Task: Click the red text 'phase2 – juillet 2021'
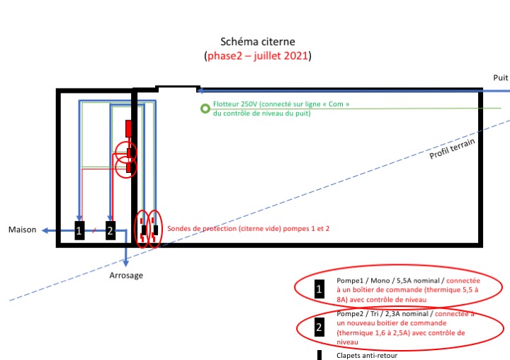(257, 55)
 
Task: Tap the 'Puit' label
(500, 77)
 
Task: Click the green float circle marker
(205, 108)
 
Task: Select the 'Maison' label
(22, 230)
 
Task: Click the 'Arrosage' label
(126, 275)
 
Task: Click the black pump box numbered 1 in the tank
(79, 230)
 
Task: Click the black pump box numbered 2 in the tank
(110, 230)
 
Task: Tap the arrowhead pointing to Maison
(44, 230)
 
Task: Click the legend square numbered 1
(319, 289)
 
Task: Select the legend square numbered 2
(319, 328)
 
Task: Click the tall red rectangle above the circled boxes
(129, 129)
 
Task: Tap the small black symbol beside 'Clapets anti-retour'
(319, 355)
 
